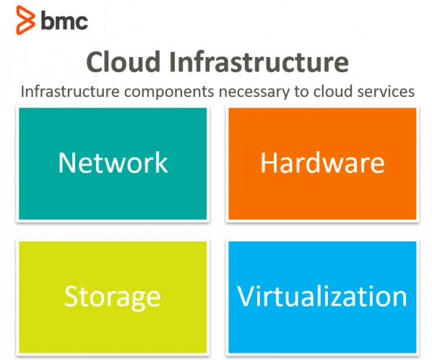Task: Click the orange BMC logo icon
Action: (25, 20)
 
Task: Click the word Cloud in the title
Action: (124, 61)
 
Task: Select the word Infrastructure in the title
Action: (259, 61)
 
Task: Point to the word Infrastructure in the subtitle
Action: (70, 91)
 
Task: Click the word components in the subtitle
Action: (169, 93)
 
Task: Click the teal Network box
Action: (113, 164)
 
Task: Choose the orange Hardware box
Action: (322, 164)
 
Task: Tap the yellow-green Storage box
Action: (113, 297)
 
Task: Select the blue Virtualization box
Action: (322, 297)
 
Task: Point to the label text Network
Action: (113, 163)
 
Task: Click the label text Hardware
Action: (322, 163)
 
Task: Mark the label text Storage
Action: (113, 298)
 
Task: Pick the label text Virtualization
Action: (322, 296)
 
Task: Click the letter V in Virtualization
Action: (246, 296)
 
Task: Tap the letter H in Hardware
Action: (269, 163)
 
